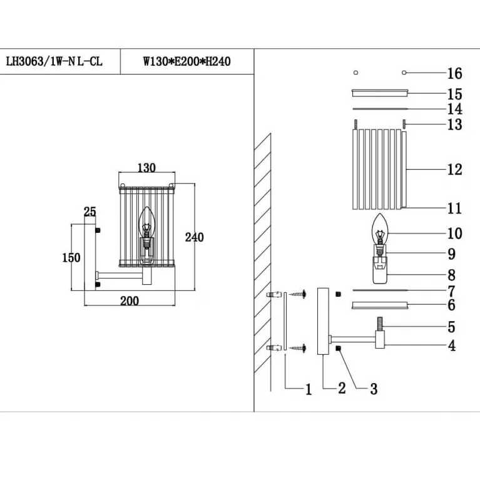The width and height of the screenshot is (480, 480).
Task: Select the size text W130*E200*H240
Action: [x=187, y=62]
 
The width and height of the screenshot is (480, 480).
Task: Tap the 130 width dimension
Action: [x=146, y=168]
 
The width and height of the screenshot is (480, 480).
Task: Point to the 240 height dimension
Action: [x=195, y=237]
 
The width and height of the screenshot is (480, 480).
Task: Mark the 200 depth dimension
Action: [x=129, y=301]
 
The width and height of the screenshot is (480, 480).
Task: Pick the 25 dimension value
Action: [x=90, y=212]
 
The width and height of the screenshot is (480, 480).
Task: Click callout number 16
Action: [x=454, y=74]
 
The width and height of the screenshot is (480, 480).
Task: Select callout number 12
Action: [x=454, y=169]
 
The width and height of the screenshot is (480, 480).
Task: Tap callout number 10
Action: [x=454, y=233]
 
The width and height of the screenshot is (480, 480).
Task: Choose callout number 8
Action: [x=452, y=275]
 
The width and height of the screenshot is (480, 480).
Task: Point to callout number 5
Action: [x=452, y=327]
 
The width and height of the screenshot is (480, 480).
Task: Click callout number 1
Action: [x=308, y=389]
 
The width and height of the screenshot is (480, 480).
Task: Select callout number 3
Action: [x=374, y=389]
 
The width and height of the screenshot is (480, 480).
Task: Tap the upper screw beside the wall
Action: [x=299, y=293]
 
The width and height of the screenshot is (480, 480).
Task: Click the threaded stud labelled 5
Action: [x=380, y=326]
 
